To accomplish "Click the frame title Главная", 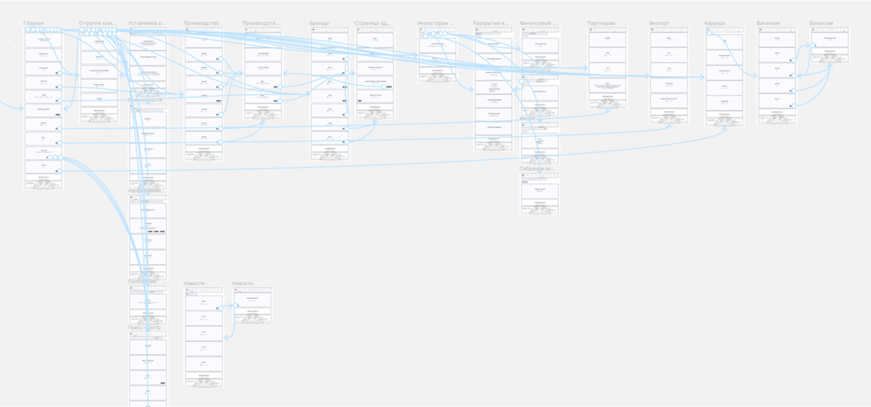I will pyautogui.click(x=33, y=23).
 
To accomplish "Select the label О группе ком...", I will pyautogui.click(x=98, y=23).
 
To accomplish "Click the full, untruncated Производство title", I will pyautogui.click(x=201, y=23).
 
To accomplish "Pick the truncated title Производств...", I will pyautogui.click(x=261, y=23).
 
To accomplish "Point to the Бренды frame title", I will pyautogui.click(x=320, y=23).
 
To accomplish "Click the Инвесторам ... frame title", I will pyautogui.click(x=435, y=23).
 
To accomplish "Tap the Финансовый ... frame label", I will pyautogui.click(x=538, y=23).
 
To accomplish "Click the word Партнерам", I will pyautogui.click(x=601, y=23).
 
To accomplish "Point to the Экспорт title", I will pyautogui.click(x=659, y=23).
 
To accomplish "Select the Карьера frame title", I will pyautogui.click(x=715, y=23).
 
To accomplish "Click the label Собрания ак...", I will pyautogui.click(x=538, y=169).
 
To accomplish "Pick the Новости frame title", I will pyautogui.click(x=194, y=283).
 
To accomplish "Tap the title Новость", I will pyautogui.click(x=243, y=283).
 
